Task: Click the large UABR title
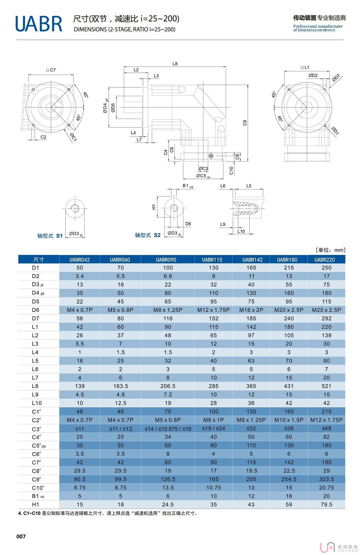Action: tap(39, 24)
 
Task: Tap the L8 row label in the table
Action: tap(35, 386)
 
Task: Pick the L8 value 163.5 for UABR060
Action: tap(120, 386)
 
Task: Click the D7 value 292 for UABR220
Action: tap(326, 318)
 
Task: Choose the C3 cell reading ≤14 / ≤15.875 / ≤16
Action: tap(168, 429)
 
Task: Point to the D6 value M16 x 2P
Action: tap(251, 310)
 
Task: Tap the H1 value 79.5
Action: tap(326, 505)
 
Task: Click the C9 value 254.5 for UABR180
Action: tap(289, 479)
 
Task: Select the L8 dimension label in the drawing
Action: tap(175, 64)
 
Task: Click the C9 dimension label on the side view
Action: tap(245, 123)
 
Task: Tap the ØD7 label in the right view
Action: tap(336, 78)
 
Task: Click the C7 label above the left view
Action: tap(51, 70)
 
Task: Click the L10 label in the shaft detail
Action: tap(241, 231)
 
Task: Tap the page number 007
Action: tap(21, 536)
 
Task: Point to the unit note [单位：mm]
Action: tap(330, 250)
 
